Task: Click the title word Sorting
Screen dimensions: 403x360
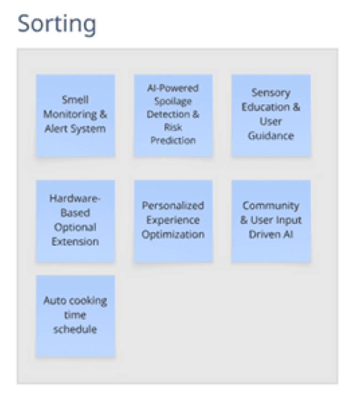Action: coord(57,24)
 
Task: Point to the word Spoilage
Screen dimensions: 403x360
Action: coord(173,101)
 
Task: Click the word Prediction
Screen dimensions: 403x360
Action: coord(173,140)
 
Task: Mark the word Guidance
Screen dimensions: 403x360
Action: coord(270,136)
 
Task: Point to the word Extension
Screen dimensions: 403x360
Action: coord(75,242)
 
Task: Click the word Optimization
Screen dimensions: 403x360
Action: coord(173,234)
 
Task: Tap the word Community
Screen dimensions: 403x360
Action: coord(270,206)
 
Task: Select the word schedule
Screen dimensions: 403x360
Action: coord(75,329)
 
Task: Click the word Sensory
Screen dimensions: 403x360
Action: coord(270,92)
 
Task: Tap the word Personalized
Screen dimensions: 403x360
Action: coord(173,206)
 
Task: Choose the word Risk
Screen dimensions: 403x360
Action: coord(173,127)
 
